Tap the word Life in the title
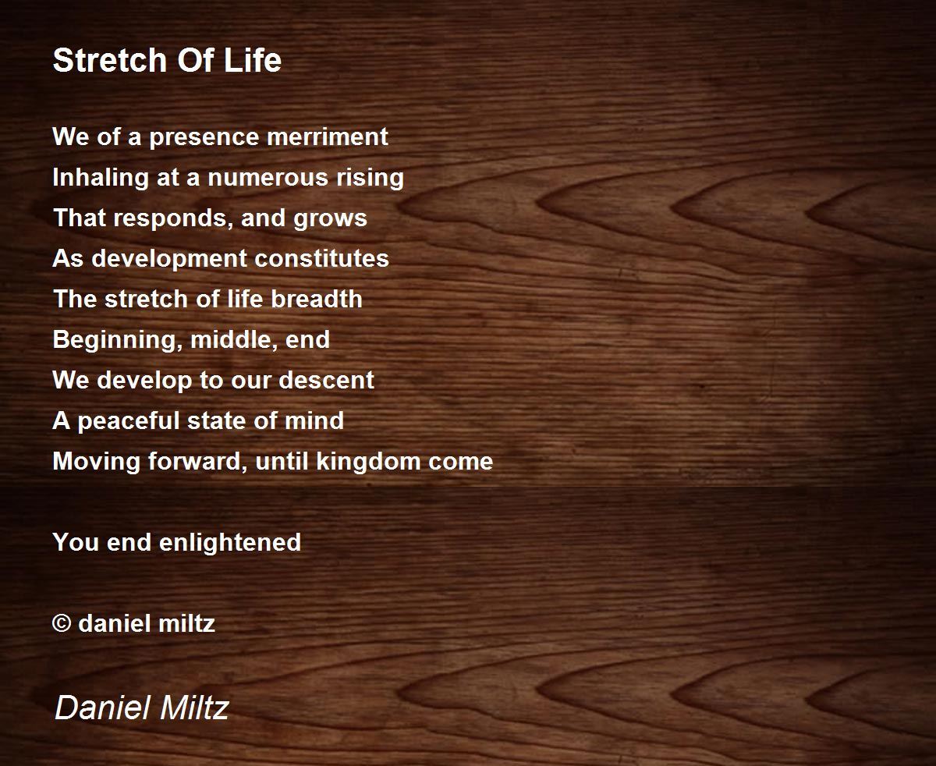[x=253, y=60]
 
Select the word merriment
[x=328, y=137]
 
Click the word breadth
[x=317, y=299]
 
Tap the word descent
[x=326, y=381]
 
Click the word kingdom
[x=368, y=462]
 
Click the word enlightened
[x=230, y=543]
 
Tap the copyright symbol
[x=62, y=623]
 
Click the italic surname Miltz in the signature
[x=194, y=707]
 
